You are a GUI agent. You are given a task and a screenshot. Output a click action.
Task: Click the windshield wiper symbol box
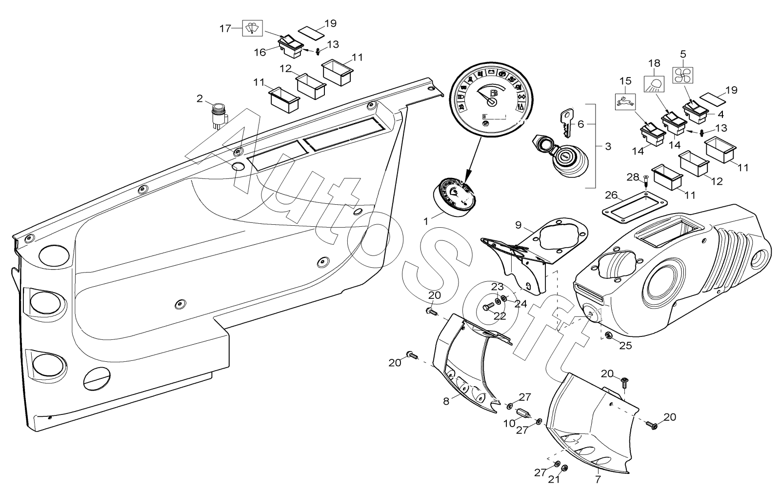click(x=252, y=28)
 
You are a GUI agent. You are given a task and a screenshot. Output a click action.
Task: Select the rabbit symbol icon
click(x=625, y=102)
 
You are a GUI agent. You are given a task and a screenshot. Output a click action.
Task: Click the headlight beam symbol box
click(x=654, y=84)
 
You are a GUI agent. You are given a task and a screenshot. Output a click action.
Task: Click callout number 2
click(x=200, y=99)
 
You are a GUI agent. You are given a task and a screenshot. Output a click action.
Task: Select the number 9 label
click(x=518, y=225)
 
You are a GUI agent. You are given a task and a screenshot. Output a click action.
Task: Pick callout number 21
click(x=554, y=479)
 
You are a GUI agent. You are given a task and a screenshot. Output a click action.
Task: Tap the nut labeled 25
click(x=609, y=335)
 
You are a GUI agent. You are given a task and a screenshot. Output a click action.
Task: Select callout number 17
click(x=225, y=28)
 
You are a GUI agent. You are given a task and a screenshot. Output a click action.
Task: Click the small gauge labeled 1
click(x=451, y=197)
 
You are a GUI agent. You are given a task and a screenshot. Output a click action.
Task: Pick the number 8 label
click(x=446, y=401)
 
